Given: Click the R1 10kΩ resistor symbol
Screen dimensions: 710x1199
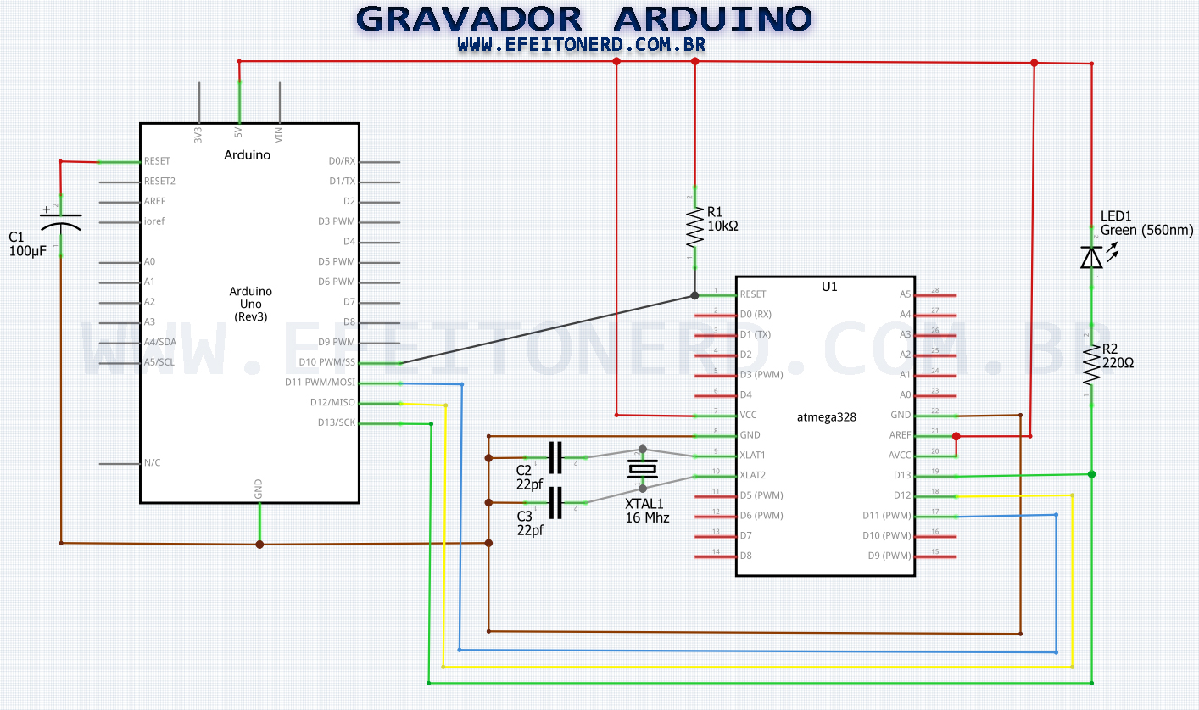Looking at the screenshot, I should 694,226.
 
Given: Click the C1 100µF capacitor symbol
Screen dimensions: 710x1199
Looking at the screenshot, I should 60,224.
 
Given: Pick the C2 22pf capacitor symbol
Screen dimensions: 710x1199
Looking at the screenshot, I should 555,458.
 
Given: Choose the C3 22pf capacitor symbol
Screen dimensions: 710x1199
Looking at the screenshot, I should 555,503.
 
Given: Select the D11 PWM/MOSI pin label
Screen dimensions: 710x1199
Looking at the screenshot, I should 321,383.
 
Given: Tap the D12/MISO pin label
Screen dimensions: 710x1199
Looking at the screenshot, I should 332,403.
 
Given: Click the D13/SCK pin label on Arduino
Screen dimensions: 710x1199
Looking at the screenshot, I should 337,422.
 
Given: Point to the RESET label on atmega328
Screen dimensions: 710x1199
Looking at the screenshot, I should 753,294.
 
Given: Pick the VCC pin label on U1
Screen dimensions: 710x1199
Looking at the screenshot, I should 749,416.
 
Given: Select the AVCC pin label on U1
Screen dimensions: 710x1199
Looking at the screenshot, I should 899,456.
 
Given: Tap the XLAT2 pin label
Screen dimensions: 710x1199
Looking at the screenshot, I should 753,476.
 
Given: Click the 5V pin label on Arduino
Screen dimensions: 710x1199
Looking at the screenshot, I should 238,133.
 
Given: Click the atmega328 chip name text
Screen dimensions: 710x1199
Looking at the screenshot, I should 827,417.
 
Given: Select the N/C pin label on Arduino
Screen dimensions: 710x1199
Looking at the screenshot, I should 152,463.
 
